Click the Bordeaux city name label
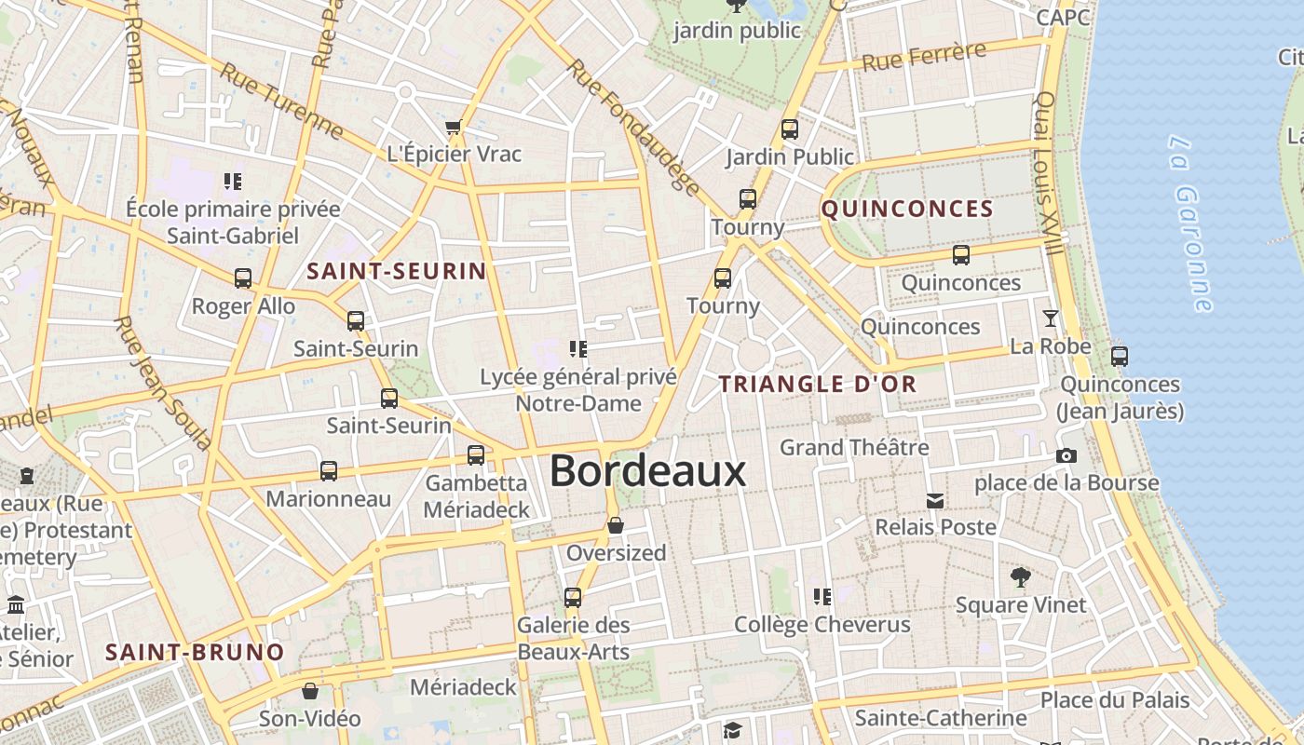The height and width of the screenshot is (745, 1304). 647,471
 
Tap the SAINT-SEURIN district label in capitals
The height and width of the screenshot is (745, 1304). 396,272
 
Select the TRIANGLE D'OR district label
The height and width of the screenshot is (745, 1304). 818,384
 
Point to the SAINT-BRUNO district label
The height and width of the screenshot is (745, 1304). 195,652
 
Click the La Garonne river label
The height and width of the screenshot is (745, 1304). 1191,223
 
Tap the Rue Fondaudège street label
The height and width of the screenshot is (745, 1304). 632,129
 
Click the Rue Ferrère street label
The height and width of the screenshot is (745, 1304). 923,58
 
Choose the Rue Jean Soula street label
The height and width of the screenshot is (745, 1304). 162,382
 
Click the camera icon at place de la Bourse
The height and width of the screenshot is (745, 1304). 1066,455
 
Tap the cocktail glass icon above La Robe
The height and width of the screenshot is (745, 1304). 1051,318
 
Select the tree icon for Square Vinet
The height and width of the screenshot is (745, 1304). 1021,577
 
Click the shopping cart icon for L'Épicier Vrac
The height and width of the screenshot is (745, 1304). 454,127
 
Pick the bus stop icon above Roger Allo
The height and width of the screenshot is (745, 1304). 243,278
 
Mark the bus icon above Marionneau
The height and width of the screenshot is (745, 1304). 329,471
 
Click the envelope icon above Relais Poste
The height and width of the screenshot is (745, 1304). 935,501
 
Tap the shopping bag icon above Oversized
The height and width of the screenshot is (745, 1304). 615,526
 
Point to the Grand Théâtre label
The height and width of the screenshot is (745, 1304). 854,448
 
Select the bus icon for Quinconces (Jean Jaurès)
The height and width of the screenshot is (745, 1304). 1120,356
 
